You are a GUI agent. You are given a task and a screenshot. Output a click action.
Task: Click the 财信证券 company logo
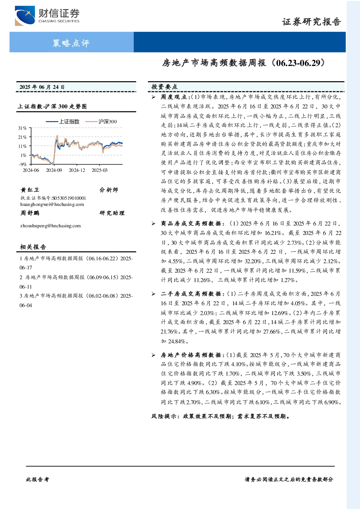(x=47, y=16)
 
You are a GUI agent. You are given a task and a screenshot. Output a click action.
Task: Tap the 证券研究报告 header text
(x=311, y=22)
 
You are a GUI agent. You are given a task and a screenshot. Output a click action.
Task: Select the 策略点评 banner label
(x=71, y=43)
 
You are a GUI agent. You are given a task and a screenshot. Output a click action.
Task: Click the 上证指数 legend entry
(x=62, y=121)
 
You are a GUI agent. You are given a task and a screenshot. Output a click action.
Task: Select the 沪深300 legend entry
(x=101, y=121)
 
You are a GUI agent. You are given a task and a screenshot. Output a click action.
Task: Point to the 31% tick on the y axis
(x=22, y=128)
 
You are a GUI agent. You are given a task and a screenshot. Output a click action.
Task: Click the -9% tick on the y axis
(x=23, y=164)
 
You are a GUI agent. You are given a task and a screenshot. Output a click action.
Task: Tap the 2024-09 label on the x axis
(x=54, y=170)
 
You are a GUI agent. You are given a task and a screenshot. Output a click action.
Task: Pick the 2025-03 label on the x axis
(x=100, y=170)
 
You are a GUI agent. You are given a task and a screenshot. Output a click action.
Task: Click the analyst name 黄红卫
(x=30, y=190)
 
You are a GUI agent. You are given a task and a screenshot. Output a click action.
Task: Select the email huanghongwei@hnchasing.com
(x=52, y=204)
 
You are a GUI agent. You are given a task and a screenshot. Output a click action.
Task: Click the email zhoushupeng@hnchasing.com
(x=50, y=225)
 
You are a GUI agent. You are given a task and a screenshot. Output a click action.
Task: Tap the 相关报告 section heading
(x=33, y=247)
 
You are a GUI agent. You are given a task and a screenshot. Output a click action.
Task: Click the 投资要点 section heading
(x=165, y=87)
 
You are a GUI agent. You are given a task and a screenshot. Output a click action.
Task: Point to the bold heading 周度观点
(x=174, y=97)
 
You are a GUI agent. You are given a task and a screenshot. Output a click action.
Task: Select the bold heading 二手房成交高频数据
(x=191, y=294)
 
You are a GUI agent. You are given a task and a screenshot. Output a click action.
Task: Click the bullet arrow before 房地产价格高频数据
(x=154, y=355)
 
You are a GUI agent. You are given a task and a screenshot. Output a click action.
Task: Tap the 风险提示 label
(x=164, y=416)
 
